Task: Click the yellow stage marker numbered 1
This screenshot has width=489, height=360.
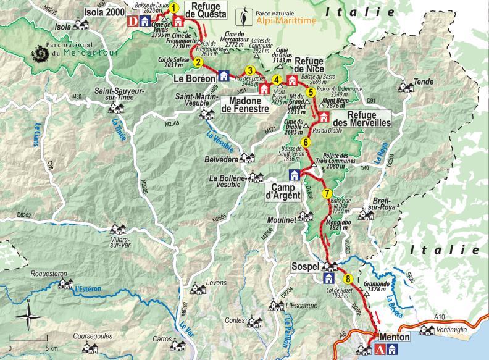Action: point(174,8)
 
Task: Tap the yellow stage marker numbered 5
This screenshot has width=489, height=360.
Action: point(310,93)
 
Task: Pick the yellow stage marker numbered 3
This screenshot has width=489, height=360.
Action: point(250,70)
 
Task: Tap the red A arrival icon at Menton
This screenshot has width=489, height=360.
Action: point(380,351)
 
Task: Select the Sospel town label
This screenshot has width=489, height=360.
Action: point(305,266)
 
